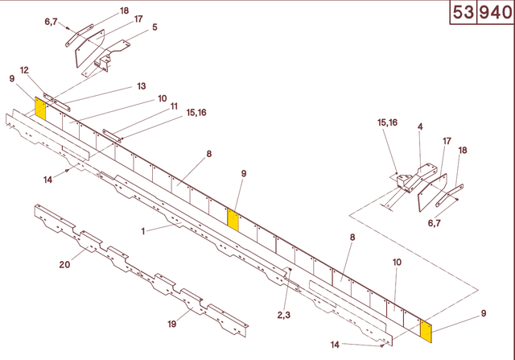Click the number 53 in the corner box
[463, 14]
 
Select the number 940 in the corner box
[496, 14]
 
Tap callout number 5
[154, 27]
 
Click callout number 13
[141, 86]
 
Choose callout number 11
[174, 106]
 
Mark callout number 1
[143, 230]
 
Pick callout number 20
[65, 264]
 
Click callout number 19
[171, 325]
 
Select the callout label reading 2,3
[284, 314]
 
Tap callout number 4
[420, 126]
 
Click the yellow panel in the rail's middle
[233, 219]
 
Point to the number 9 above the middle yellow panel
[243, 173]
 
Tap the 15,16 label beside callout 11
[196, 113]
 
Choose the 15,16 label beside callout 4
[387, 122]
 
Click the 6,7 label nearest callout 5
[51, 22]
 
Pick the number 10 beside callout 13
[163, 98]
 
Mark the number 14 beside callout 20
[48, 180]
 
